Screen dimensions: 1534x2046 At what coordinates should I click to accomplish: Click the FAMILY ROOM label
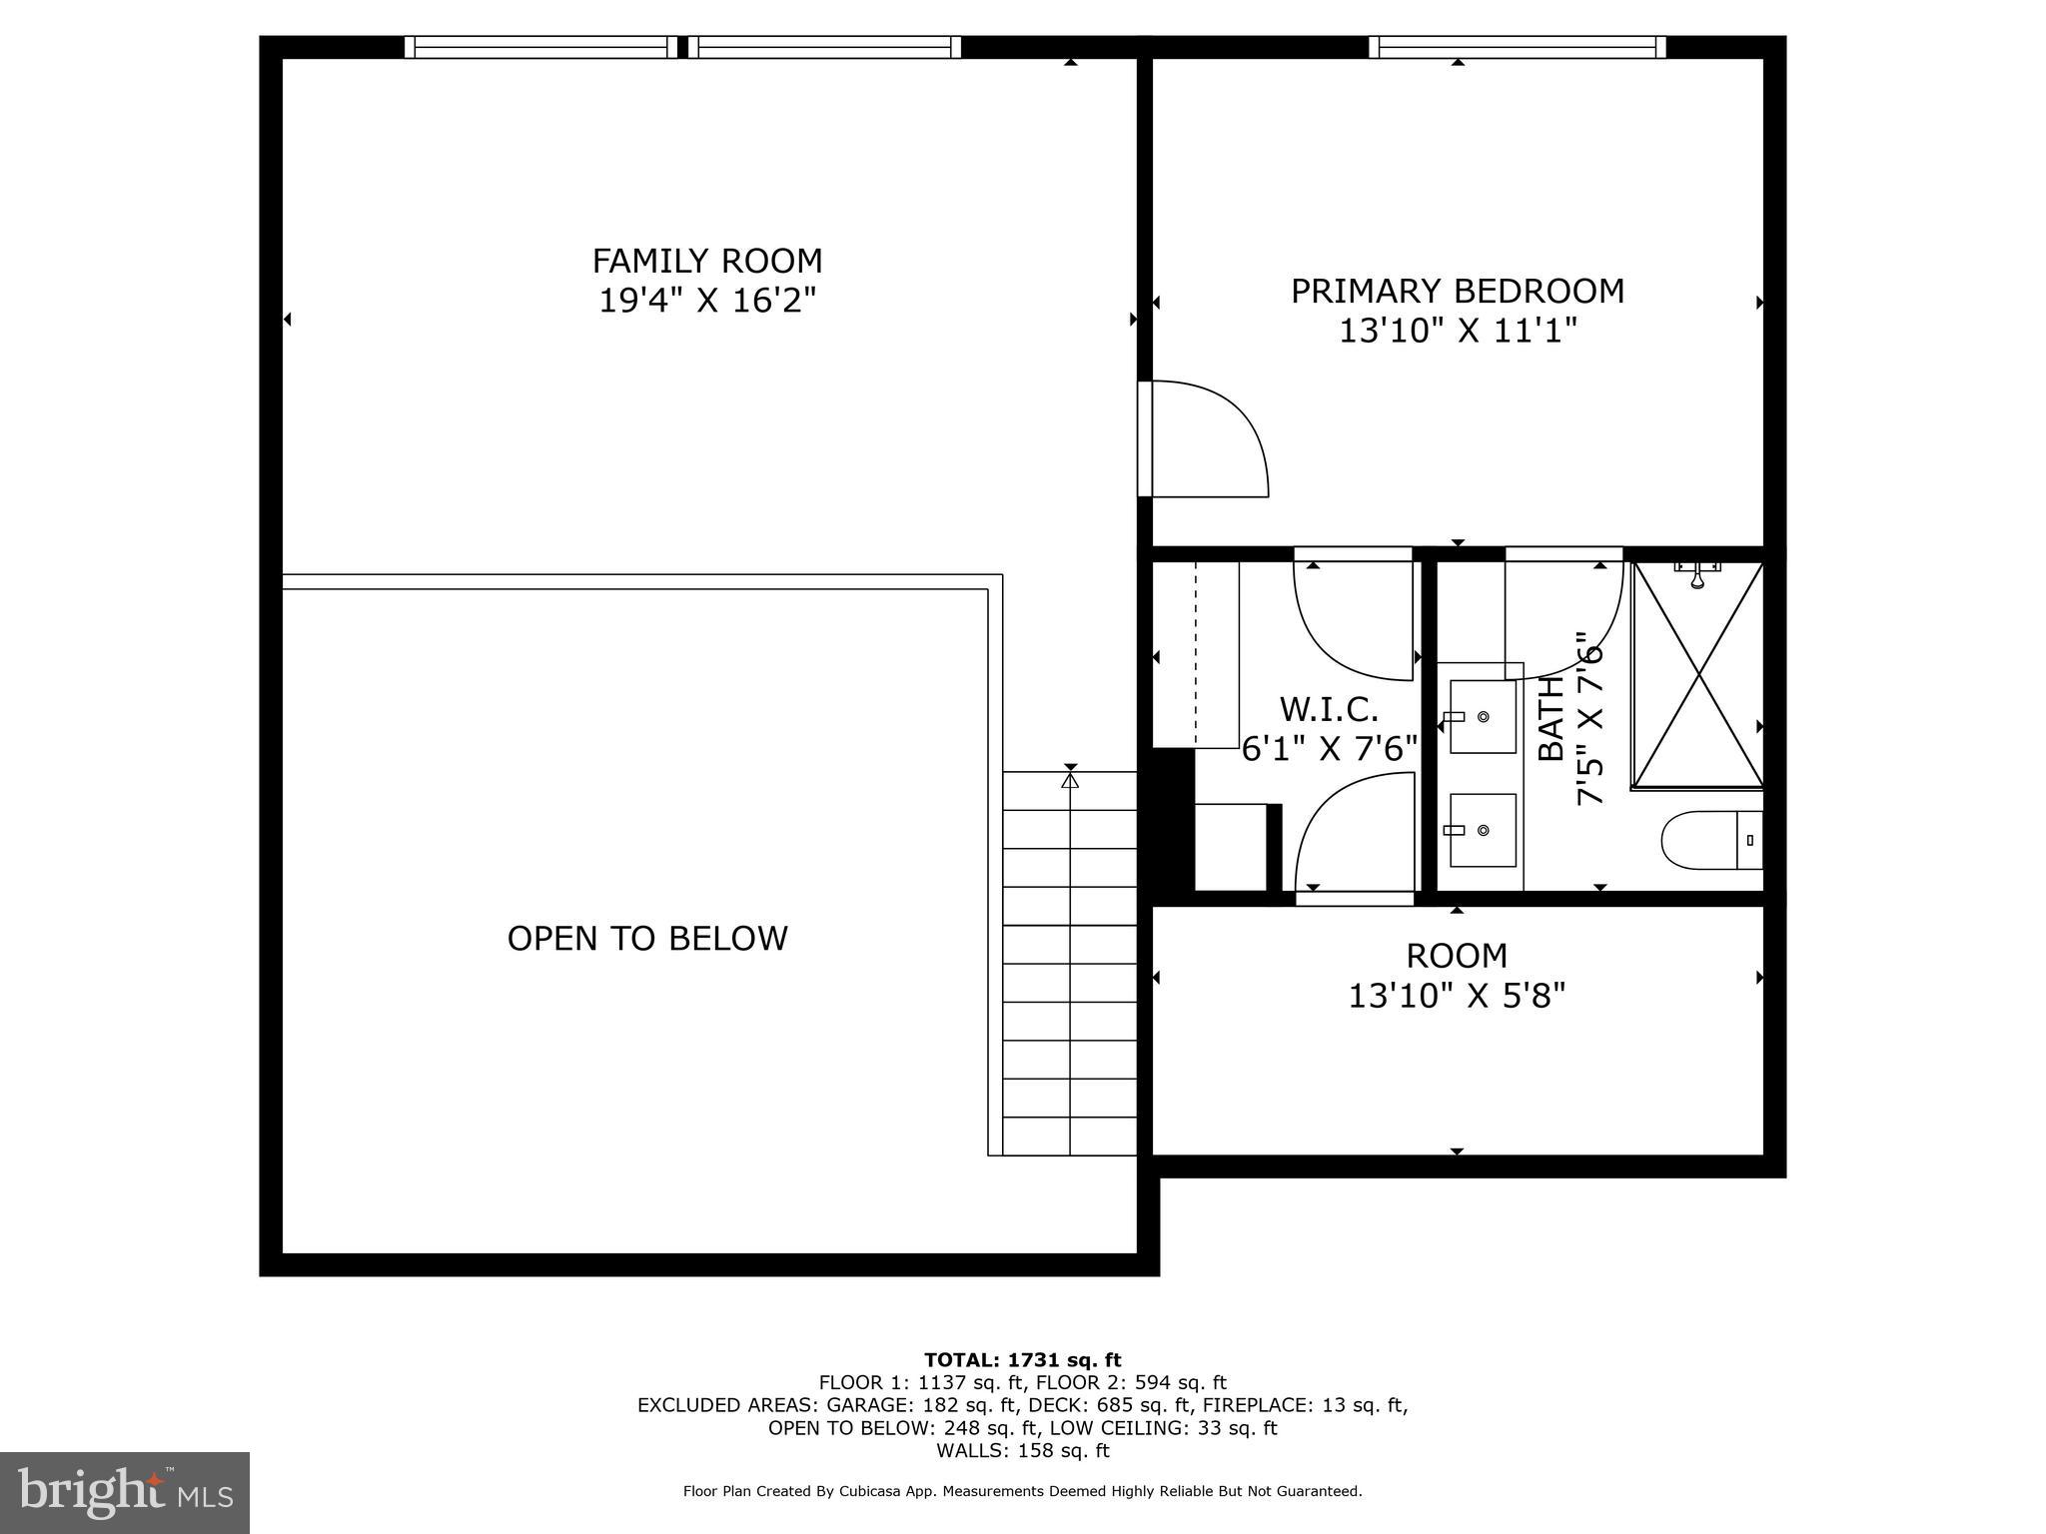707,262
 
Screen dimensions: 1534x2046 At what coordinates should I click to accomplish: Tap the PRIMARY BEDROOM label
1457,292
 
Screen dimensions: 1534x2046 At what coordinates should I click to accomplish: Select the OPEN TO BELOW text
647,939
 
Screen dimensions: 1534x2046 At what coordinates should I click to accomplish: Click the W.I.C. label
1329,710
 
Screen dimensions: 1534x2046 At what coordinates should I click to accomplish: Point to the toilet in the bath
1709,840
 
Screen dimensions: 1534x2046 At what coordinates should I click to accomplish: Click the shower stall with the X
1697,675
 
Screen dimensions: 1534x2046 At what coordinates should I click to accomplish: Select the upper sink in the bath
1483,717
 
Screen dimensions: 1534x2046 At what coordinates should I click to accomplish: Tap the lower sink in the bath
1483,830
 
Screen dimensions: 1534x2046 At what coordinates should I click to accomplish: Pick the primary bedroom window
1517,47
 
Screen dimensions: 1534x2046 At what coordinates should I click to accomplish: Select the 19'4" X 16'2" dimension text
707,301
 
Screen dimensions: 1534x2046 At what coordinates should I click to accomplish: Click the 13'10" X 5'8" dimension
1457,996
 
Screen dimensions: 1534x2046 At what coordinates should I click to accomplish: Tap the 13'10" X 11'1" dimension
1457,331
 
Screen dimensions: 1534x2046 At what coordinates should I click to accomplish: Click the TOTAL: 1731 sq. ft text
1022,1360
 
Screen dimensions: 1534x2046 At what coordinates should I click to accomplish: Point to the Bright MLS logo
125,1492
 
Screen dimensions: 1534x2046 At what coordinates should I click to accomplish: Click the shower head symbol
1696,577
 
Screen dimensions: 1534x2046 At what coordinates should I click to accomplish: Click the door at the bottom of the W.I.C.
1355,839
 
